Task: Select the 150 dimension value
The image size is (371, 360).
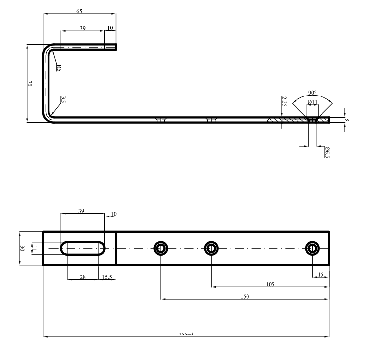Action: [245, 296]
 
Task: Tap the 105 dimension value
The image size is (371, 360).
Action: [270, 284]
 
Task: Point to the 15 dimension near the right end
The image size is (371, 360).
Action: [321, 275]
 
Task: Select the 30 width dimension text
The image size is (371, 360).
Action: [22, 248]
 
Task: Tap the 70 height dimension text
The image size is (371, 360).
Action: [29, 84]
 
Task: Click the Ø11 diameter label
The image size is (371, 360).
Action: [312, 102]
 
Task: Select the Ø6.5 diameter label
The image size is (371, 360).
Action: [327, 152]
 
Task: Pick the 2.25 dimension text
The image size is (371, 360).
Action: [285, 101]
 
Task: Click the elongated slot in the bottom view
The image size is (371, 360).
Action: [83, 248]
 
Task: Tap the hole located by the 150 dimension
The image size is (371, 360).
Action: [161, 248]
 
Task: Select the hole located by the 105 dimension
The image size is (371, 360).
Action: [211, 248]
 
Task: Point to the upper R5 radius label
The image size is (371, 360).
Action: [59, 68]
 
